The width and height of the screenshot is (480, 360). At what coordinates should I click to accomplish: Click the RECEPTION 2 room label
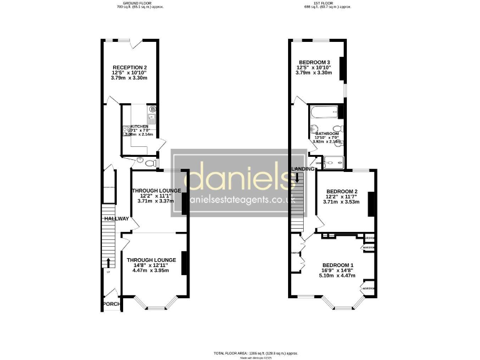129,67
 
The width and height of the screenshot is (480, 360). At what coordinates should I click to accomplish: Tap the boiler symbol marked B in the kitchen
153,109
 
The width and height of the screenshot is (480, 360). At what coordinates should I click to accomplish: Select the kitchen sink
151,117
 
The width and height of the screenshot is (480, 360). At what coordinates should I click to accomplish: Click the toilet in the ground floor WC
140,160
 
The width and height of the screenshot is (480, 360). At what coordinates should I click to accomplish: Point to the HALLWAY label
116,219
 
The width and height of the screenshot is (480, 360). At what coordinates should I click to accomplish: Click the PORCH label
111,305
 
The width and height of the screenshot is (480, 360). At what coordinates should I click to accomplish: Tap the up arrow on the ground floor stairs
109,262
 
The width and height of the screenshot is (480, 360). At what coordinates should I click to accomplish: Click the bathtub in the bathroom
324,113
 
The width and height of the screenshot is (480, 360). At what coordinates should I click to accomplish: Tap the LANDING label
302,169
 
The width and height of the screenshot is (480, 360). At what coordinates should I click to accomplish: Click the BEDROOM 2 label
342,191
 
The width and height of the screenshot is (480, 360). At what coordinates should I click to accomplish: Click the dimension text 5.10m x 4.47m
338,275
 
